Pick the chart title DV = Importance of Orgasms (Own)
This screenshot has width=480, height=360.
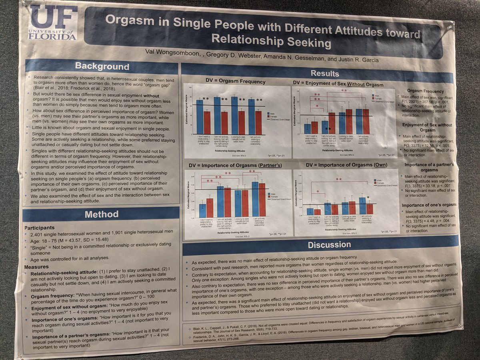coord(343,165)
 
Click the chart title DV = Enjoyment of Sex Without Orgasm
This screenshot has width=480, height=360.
coord(338,84)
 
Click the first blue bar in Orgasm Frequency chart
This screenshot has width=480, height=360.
coord(199,116)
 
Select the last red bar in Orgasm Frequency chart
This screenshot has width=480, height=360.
coord(258,122)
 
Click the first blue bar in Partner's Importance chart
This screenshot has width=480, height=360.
coord(202,211)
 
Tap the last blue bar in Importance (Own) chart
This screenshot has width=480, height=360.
coord(362,206)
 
